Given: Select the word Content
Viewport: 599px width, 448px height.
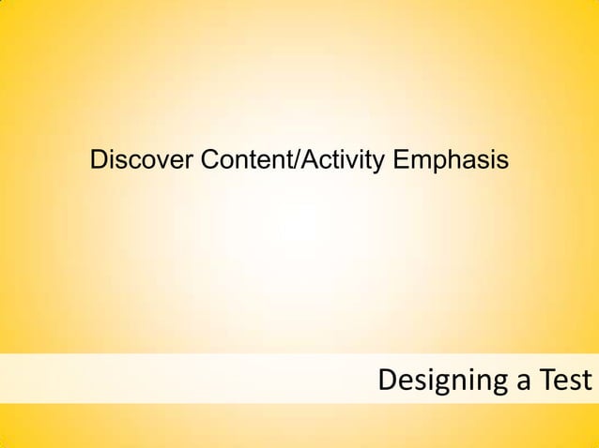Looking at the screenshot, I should click(247, 161).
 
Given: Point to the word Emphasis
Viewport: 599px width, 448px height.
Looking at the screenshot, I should click(451, 161).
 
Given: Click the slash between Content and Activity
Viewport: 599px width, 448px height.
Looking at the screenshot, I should click(299, 161).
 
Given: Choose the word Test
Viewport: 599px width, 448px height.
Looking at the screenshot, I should click(563, 381).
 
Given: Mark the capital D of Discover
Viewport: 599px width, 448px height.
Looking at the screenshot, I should click(98, 161).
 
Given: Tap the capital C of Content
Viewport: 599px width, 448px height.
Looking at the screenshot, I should click(207, 161).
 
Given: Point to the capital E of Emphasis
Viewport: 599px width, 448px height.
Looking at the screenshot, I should click(400, 161).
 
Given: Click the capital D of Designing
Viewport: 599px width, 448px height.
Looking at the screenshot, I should click(387, 381).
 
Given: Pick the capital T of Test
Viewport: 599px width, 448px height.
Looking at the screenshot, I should click(542, 381).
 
